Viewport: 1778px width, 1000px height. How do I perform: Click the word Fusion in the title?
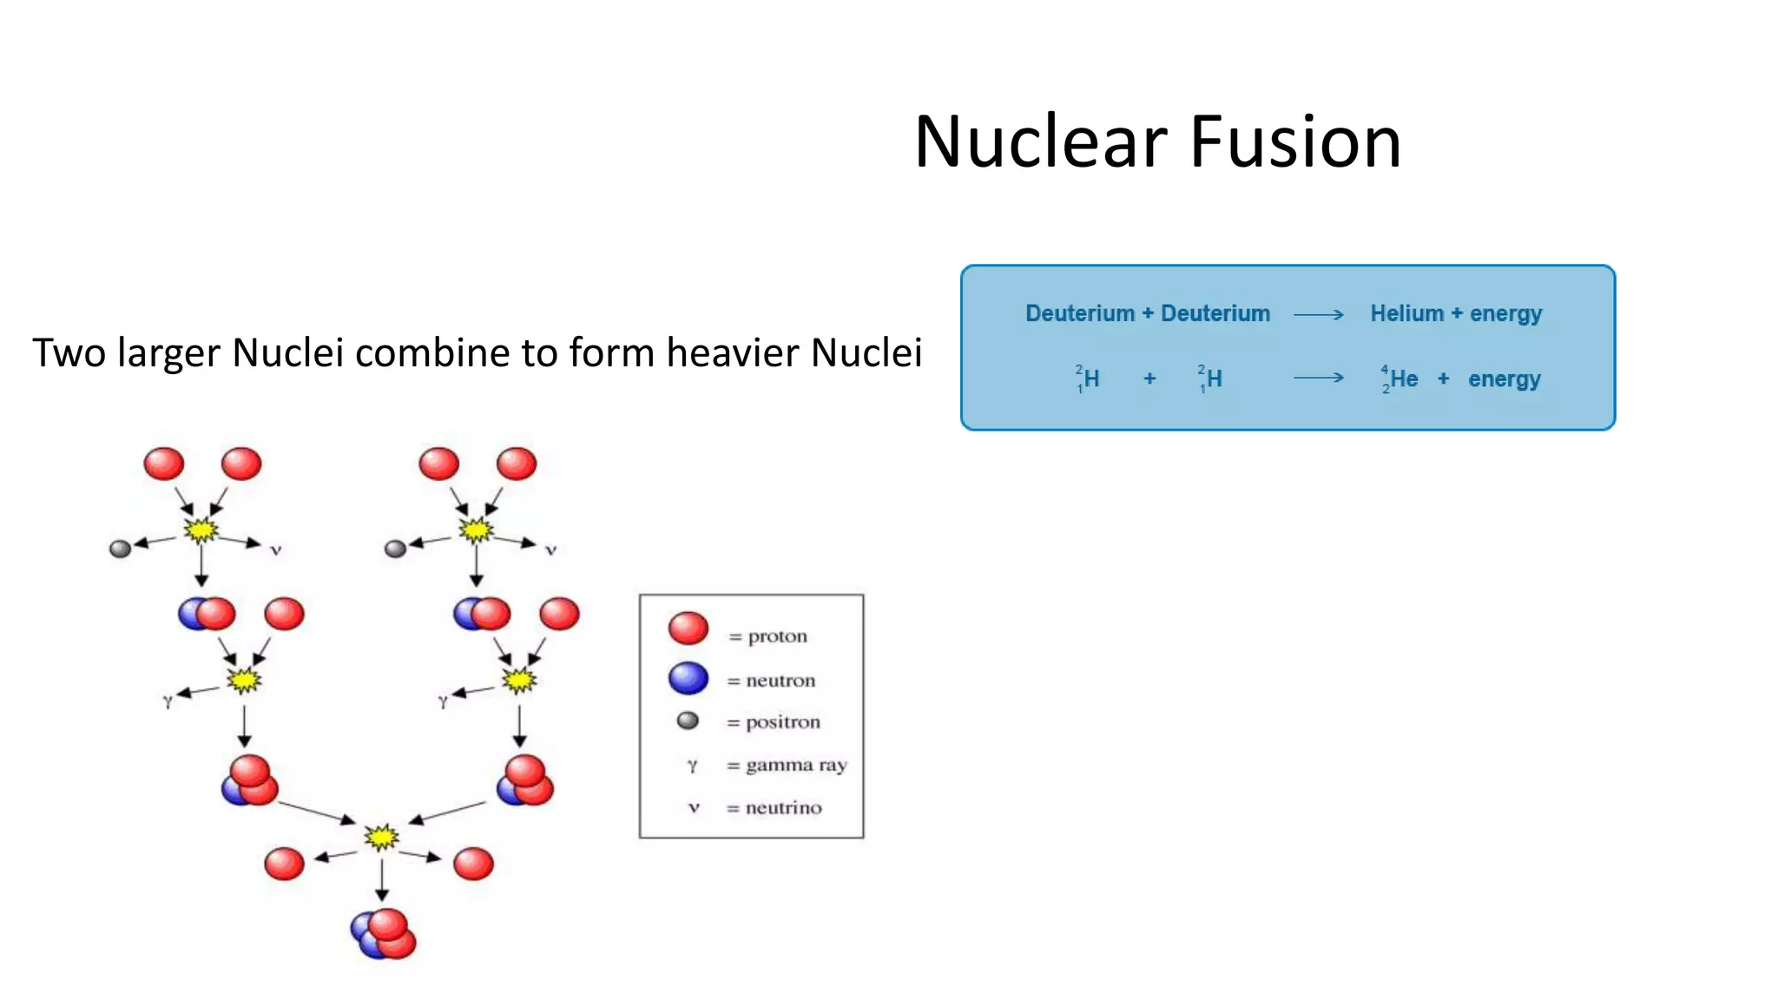1294,141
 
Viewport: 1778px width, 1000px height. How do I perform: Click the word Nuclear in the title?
1041,141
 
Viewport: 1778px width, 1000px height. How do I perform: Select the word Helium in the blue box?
1406,313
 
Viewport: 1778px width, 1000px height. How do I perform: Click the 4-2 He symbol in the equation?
1399,378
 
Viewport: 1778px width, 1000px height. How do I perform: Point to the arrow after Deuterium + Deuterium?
1318,314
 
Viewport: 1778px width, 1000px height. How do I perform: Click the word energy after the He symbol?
1504,378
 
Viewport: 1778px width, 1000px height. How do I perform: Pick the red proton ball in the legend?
688,628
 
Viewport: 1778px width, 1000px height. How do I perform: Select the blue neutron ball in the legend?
688,678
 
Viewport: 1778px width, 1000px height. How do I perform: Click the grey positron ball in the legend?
688,720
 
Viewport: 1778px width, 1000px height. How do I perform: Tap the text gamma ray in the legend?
796,765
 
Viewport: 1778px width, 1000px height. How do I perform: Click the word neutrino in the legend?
783,807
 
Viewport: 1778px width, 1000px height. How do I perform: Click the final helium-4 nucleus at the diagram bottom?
383,934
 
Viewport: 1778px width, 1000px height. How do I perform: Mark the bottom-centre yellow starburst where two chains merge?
381,837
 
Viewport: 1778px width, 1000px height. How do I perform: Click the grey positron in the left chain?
120,549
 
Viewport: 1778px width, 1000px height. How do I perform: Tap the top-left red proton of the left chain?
163,464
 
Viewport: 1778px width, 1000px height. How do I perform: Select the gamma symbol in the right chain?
443,700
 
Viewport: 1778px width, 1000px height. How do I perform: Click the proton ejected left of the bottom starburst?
284,864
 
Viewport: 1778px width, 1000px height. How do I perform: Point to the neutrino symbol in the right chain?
550,549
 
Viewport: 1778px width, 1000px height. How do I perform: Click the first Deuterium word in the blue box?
1080,313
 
